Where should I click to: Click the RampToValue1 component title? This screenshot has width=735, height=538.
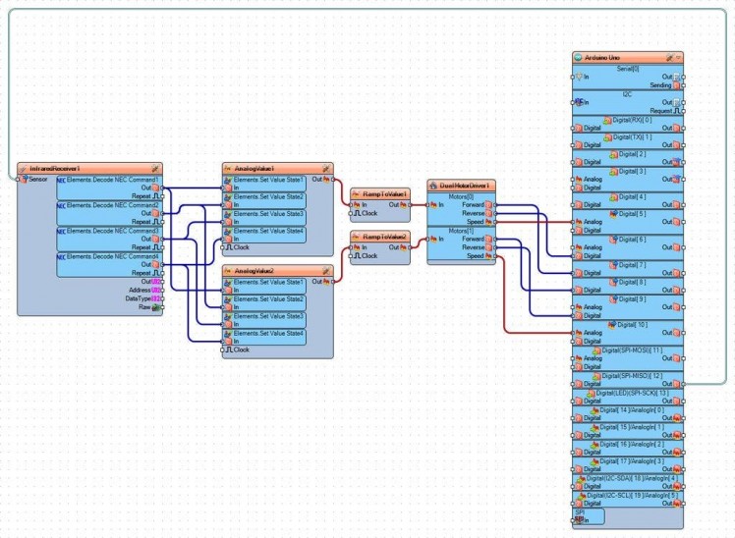384,193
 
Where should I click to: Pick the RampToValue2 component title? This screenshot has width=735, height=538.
384,237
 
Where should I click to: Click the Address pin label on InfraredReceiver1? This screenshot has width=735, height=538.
139,290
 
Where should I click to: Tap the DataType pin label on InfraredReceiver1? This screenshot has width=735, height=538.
138,298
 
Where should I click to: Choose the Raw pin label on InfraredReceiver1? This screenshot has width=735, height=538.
143,307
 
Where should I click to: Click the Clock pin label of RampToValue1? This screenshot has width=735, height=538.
369,213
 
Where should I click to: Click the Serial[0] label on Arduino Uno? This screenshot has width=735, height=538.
628,68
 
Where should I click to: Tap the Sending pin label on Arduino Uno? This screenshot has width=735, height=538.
660,85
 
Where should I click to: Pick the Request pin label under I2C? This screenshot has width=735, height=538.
659,111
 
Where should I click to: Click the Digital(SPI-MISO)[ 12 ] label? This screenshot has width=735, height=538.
631,375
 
